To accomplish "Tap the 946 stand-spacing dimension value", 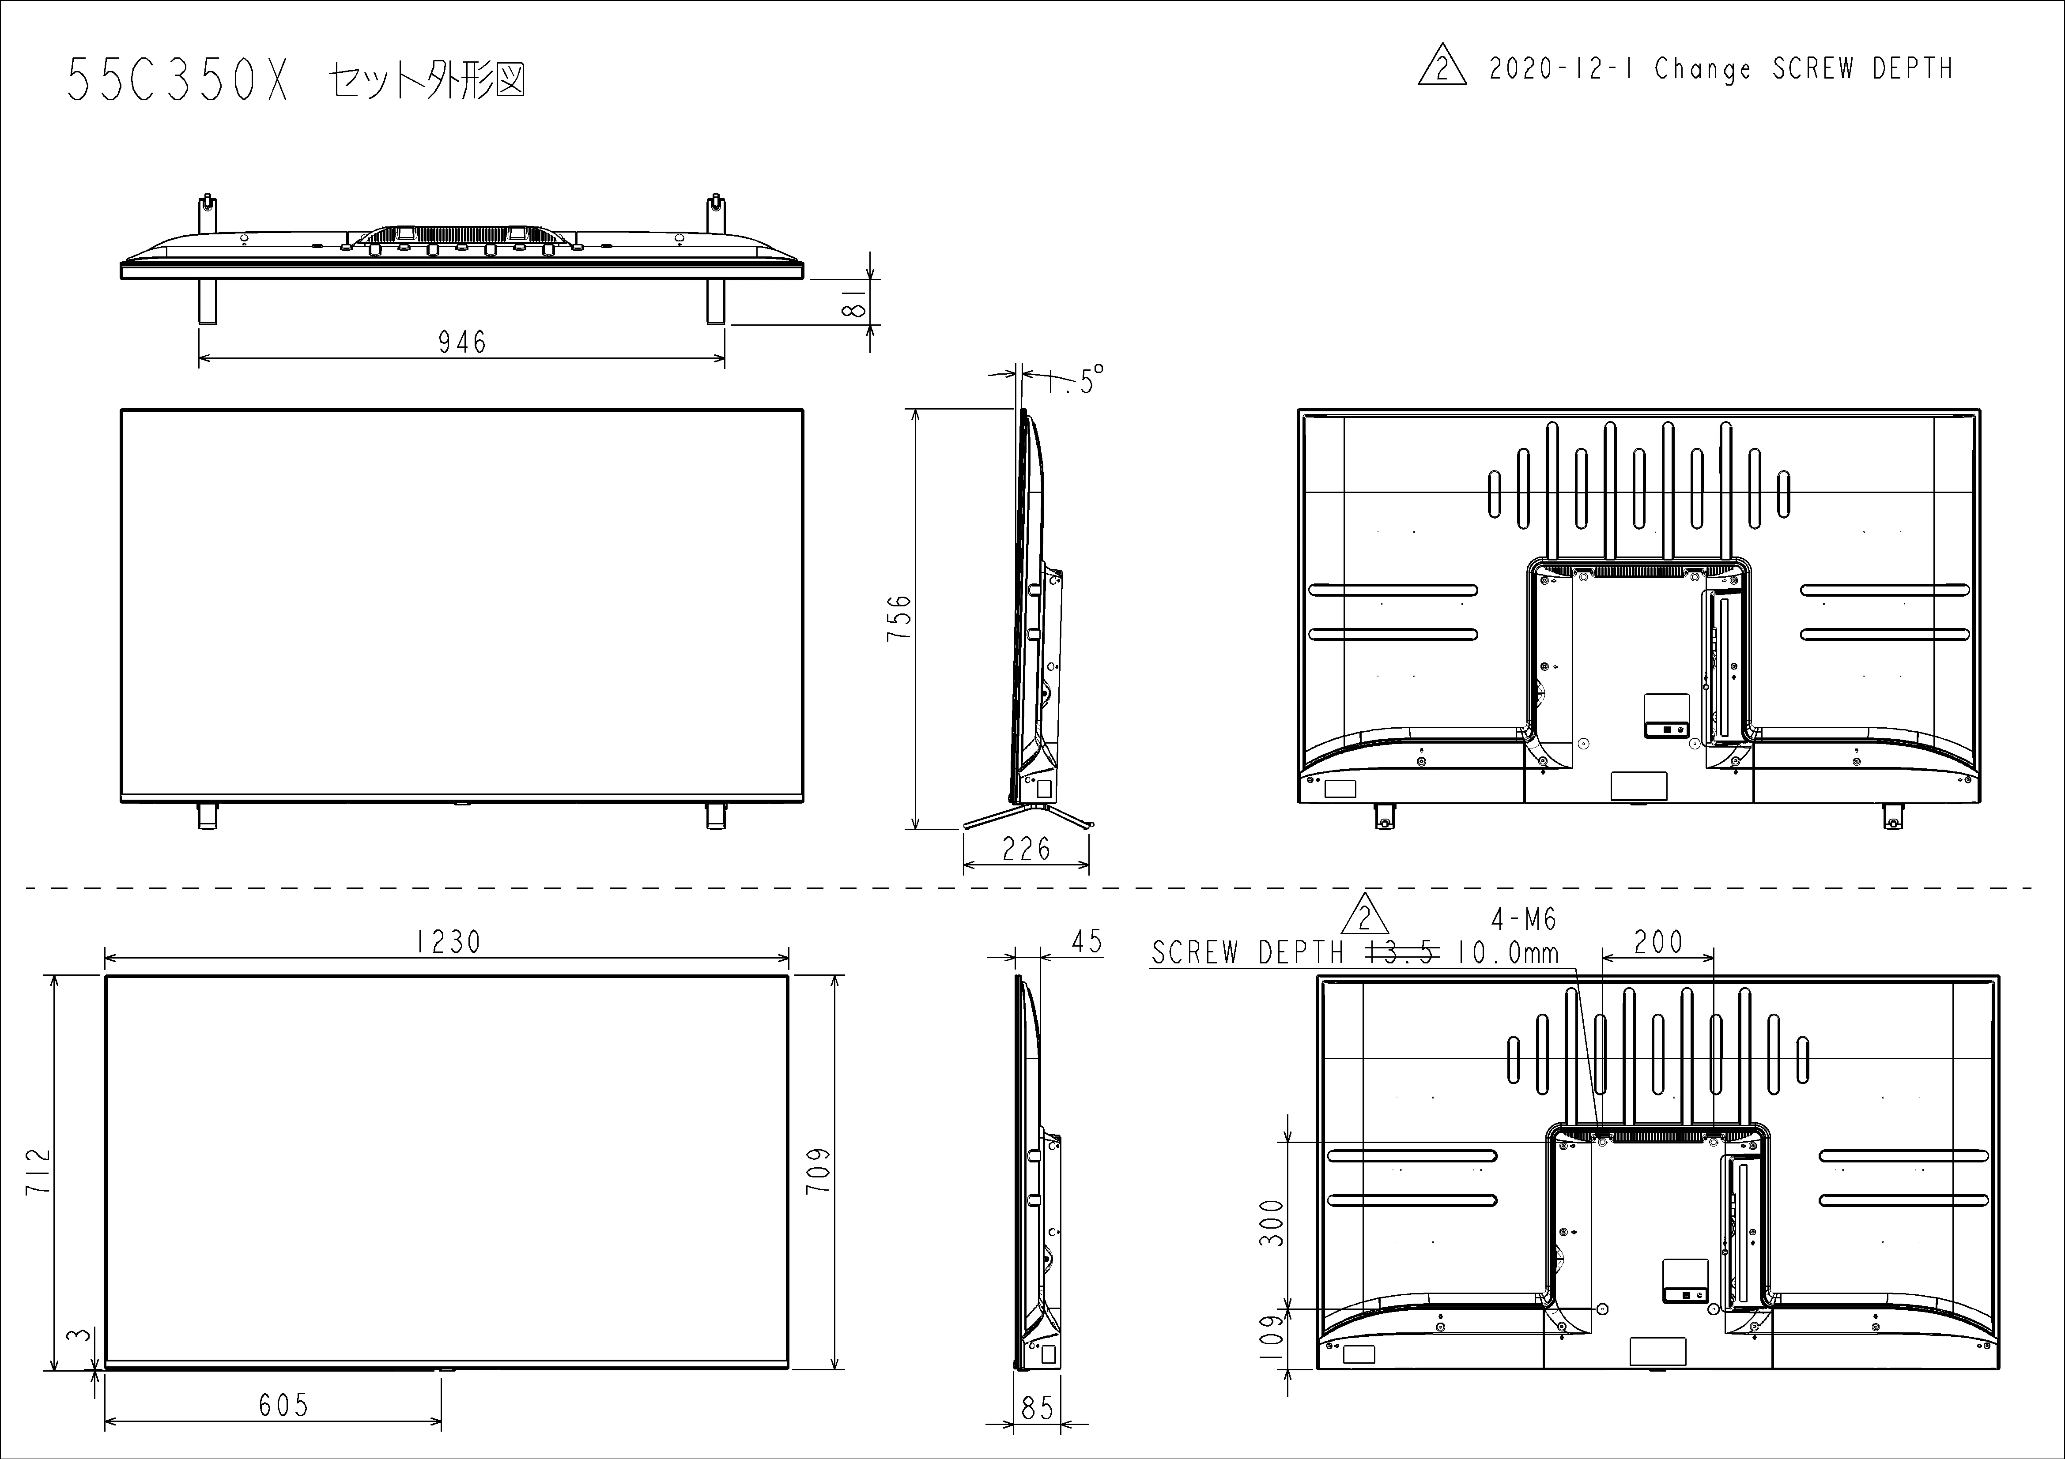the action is pyautogui.click(x=462, y=342).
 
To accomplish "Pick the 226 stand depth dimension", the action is pyautogui.click(x=1026, y=849).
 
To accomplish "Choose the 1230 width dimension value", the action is pyautogui.click(x=448, y=942).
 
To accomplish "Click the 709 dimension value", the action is pyautogui.click(x=819, y=1170).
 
